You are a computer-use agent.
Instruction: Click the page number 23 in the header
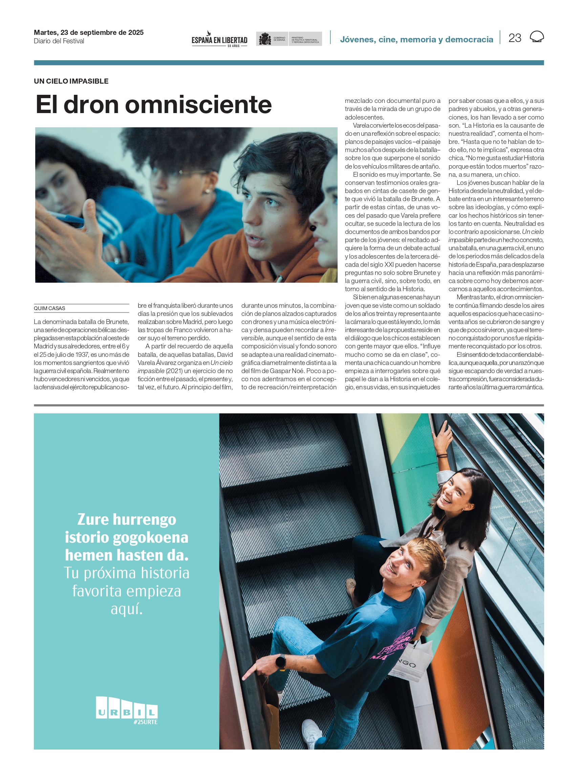tap(515, 38)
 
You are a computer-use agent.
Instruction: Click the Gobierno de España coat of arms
tap(264, 39)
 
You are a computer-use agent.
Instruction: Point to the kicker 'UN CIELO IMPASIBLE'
tap(71, 81)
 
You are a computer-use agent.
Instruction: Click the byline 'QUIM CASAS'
tap(49, 308)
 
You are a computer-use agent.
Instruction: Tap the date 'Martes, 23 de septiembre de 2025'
tap(88, 32)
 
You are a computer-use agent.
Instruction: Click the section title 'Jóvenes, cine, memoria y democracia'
tap(416, 40)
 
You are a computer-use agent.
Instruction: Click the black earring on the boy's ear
tap(313, 228)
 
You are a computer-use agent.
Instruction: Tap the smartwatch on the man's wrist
tap(281, 662)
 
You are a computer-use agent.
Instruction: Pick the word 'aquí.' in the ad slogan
tap(127, 609)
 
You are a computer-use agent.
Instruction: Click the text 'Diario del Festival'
tap(59, 41)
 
